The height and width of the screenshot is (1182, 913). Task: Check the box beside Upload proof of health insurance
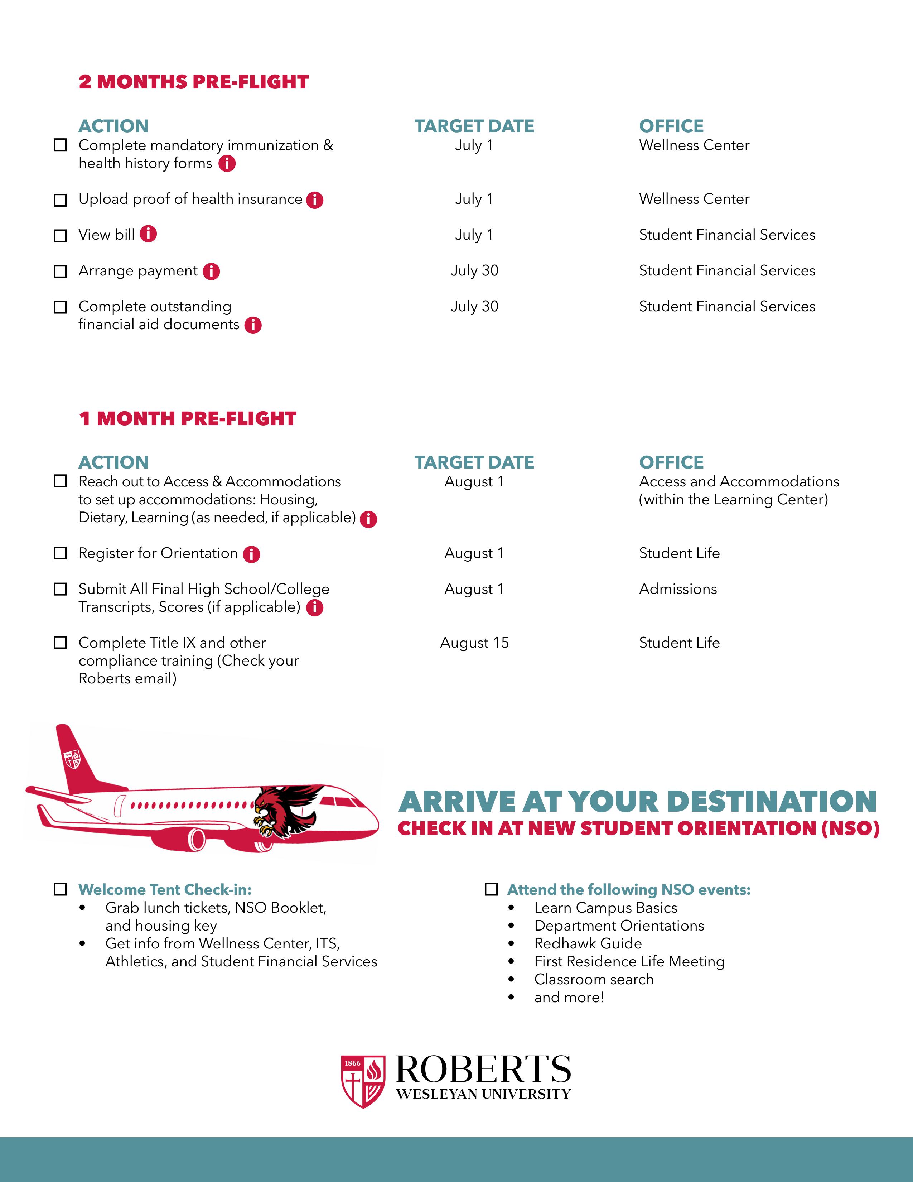[x=60, y=200]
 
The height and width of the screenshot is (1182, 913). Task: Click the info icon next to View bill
[x=148, y=234]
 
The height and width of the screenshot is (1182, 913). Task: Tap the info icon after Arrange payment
[x=212, y=271]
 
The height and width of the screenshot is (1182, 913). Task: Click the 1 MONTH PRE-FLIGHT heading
[x=188, y=418]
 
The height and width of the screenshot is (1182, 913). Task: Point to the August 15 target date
[x=474, y=643]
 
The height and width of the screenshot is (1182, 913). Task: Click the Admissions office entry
[x=678, y=589]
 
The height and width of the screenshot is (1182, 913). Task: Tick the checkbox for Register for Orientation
[x=60, y=553]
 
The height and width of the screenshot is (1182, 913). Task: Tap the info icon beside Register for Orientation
[x=251, y=554]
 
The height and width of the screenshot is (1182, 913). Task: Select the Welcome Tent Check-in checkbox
[x=60, y=889]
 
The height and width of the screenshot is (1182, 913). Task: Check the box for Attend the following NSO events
[x=491, y=889]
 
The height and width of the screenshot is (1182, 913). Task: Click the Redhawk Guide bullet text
[x=588, y=943]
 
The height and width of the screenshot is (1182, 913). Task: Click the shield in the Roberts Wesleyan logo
[x=363, y=1081]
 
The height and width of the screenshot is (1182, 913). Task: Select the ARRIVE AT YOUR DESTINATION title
[x=637, y=802]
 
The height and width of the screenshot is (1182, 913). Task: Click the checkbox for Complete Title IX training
[x=60, y=643]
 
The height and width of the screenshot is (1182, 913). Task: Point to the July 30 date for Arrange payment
[x=474, y=270]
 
